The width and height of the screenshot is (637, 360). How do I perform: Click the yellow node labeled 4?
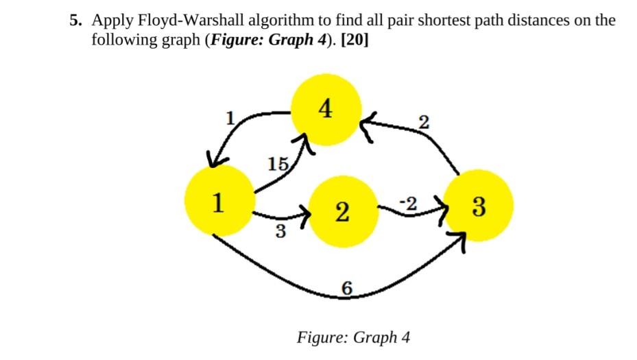click(x=325, y=110)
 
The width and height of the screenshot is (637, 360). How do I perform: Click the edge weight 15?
click(x=278, y=164)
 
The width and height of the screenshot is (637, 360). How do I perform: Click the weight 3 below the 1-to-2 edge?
click(x=280, y=232)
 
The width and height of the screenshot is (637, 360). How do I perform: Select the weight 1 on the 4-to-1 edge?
click(x=231, y=117)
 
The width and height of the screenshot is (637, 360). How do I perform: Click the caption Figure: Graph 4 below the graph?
click(x=353, y=337)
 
